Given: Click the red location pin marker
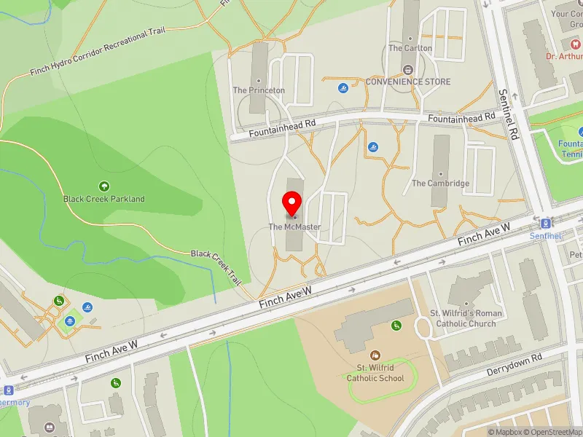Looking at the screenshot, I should (292, 204).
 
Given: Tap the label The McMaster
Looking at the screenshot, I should (294, 227).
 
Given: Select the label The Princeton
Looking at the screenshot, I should (259, 90).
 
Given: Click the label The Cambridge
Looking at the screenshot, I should (440, 184).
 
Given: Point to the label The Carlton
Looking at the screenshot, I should (410, 48).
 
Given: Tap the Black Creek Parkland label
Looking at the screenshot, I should (103, 199).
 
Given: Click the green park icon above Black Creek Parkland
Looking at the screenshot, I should (103, 186).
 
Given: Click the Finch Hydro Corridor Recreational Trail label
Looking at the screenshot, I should (98, 52).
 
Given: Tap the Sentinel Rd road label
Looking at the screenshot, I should (508, 114).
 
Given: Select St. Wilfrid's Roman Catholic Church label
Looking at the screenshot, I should (466, 318).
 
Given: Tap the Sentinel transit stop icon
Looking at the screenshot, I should (546, 223).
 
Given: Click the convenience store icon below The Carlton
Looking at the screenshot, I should (407, 70).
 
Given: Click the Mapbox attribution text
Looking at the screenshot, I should (504, 432).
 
